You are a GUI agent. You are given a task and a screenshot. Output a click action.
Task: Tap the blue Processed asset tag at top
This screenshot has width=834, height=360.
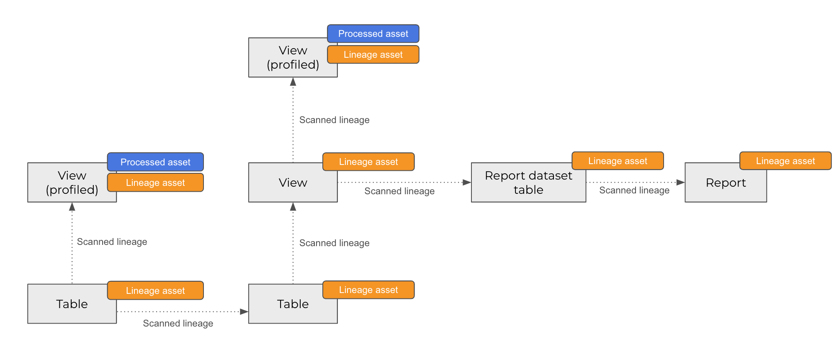tap(373, 33)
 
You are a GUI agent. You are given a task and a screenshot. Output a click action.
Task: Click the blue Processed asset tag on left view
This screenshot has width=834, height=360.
tap(155, 162)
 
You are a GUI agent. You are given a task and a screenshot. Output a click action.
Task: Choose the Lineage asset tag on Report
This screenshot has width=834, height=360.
tap(785, 161)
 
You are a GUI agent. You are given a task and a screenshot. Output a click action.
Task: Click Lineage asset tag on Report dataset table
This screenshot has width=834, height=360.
tap(618, 161)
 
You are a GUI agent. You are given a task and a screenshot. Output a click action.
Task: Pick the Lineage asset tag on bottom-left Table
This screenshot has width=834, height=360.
tap(155, 291)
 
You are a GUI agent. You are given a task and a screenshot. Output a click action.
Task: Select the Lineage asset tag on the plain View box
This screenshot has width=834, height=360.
tap(368, 162)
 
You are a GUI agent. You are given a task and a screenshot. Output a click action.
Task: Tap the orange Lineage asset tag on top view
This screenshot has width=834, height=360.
tap(373, 54)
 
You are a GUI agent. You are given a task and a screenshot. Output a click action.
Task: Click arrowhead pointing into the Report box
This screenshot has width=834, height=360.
tap(681, 183)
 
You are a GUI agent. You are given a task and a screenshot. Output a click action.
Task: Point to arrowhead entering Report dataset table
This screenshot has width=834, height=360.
tap(467, 183)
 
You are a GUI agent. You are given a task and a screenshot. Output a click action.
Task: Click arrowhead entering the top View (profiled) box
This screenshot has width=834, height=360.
tap(293, 82)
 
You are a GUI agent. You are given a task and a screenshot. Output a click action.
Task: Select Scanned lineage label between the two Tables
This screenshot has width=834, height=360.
tap(178, 323)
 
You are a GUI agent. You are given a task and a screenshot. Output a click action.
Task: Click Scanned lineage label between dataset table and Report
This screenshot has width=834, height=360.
tap(634, 190)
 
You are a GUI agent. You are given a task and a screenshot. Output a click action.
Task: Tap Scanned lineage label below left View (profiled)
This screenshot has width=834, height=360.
tap(112, 242)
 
